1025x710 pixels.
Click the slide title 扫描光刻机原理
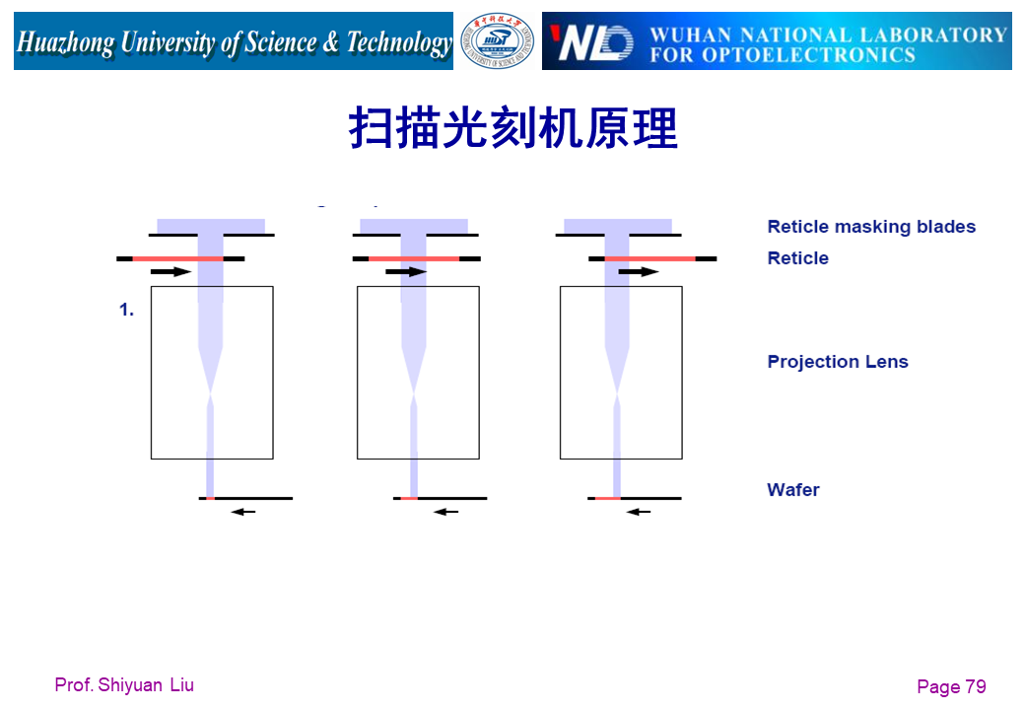pos(512,128)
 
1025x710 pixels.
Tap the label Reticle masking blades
pos(871,227)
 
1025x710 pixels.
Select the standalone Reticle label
pos(797,258)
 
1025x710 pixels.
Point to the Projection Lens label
pos(838,362)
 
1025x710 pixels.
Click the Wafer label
pos(793,490)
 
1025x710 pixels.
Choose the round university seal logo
pos(498,41)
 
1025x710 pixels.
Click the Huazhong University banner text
pos(234,42)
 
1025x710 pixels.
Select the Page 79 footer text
pos(951,687)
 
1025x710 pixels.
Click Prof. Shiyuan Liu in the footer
pos(124,684)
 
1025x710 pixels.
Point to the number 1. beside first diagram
pos(126,311)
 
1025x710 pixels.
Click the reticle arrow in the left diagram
pos(171,271)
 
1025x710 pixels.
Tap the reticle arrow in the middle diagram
pos(406,271)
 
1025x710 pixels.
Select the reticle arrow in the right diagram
pos(638,271)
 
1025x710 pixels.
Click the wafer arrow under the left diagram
pos(242,512)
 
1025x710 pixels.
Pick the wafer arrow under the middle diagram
pos(446,512)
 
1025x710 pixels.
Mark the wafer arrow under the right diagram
pos(639,512)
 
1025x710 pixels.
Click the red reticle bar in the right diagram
pos(649,258)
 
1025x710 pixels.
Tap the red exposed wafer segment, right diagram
pos(607,499)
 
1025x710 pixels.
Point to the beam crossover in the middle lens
pos(414,396)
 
